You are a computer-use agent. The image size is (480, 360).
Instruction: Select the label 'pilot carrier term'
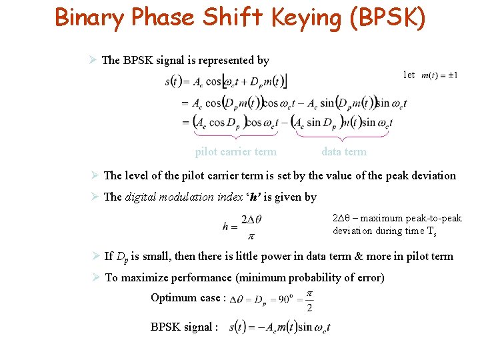click(235, 151)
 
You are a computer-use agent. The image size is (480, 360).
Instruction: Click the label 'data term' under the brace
click(344, 151)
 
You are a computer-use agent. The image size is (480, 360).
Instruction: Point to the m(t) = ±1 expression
click(439, 75)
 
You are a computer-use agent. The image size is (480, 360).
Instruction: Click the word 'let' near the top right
click(409, 75)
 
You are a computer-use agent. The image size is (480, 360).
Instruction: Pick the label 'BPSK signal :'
click(184, 327)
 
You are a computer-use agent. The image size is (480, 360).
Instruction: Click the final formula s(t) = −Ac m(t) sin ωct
click(279, 327)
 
